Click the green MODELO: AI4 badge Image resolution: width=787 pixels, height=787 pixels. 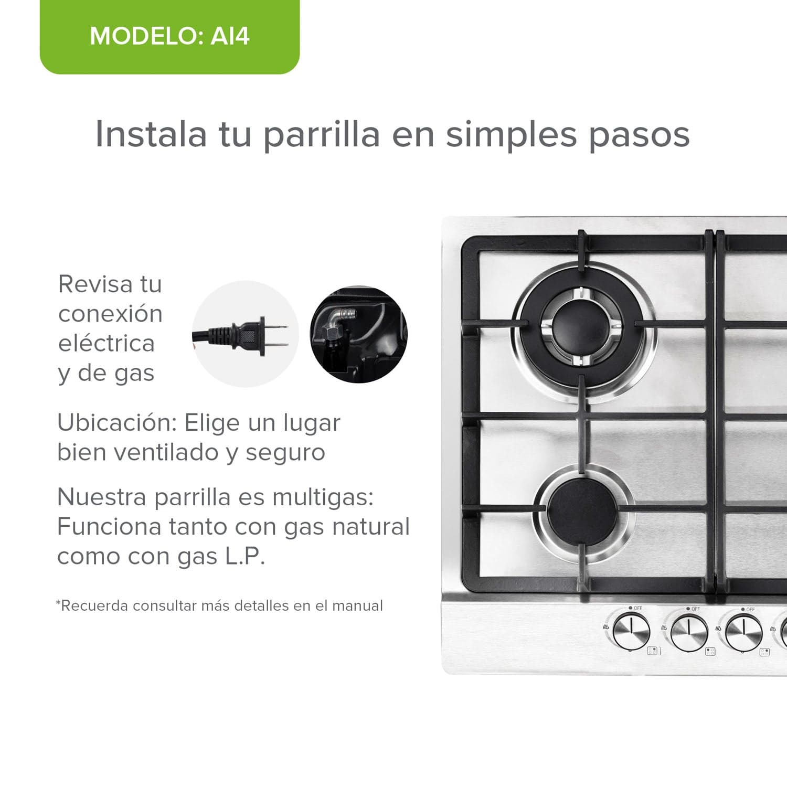click(169, 37)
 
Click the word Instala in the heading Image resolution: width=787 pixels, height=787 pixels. click(151, 134)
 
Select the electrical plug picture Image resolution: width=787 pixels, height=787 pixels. click(244, 334)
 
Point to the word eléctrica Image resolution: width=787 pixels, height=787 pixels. click(107, 344)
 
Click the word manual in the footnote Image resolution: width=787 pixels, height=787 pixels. click(357, 606)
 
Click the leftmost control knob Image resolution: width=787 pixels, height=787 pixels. click(631, 632)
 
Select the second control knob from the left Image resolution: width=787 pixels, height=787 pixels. click(689, 633)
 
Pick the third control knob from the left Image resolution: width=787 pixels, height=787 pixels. click(743, 633)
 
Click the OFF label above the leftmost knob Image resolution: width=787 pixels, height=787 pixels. click(637, 608)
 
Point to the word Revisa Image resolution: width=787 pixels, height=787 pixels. click(95, 284)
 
